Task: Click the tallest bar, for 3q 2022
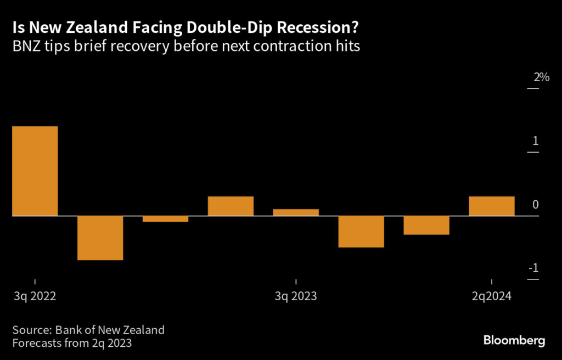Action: coord(35,171)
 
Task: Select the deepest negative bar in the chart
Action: coord(100,238)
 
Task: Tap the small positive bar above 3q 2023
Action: coord(296,212)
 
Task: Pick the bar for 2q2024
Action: coord(491,206)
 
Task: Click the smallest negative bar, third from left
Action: coord(165,219)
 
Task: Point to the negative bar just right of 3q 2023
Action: coord(361,232)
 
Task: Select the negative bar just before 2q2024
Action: coord(426,225)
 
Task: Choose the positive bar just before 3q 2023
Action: coord(231,206)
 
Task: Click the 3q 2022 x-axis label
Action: coord(35,296)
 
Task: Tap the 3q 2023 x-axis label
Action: coord(296,296)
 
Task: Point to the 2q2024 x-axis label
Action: coord(492,296)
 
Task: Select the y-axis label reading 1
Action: coord(535,141)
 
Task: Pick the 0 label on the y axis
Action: coord(535,205)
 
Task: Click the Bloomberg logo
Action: coord(514,341)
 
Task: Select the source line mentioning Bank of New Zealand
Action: coord(88,330)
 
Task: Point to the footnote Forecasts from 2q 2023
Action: coord(72,344)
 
